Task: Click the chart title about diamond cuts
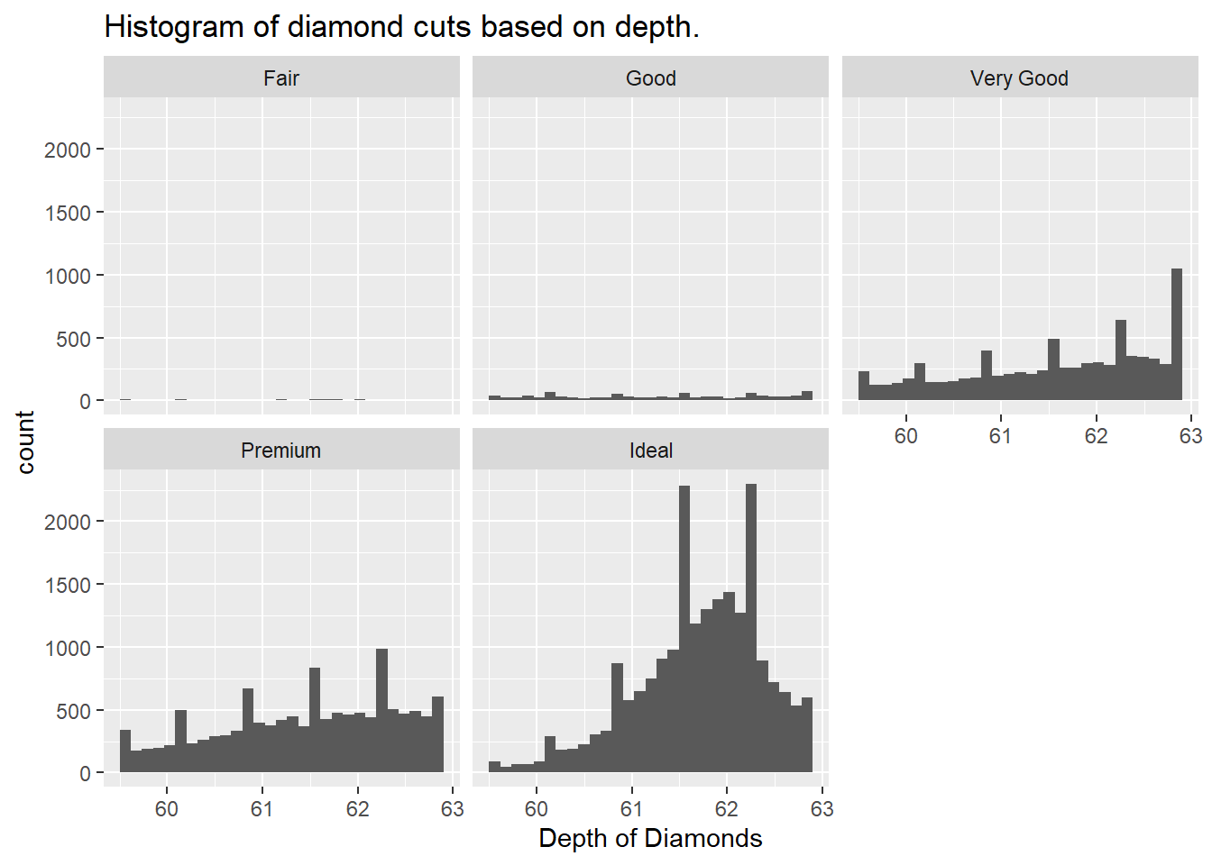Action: pos(401,27)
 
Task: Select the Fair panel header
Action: pos(281,78)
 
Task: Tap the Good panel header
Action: pos(650,78)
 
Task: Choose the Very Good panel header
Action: pos(1019,78)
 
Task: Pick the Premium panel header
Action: pos(281,451)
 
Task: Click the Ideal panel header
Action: pos(650,451)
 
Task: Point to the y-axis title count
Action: pos(25,442)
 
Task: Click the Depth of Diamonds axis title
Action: pos(650,839)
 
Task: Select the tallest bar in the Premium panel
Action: pos(381,712)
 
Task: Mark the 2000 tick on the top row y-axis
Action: pos(68,150)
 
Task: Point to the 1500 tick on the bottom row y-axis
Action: pos(68,586)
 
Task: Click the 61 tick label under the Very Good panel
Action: pos(1000,436)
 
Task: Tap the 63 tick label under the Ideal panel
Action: pos(822,809)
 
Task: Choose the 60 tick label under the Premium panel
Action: pos(167,809)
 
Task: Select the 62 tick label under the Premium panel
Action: pos(357,809)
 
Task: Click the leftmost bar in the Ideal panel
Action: pos(494,767)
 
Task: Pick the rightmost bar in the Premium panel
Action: pos(437,735)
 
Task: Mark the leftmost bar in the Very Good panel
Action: pos(864,386)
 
